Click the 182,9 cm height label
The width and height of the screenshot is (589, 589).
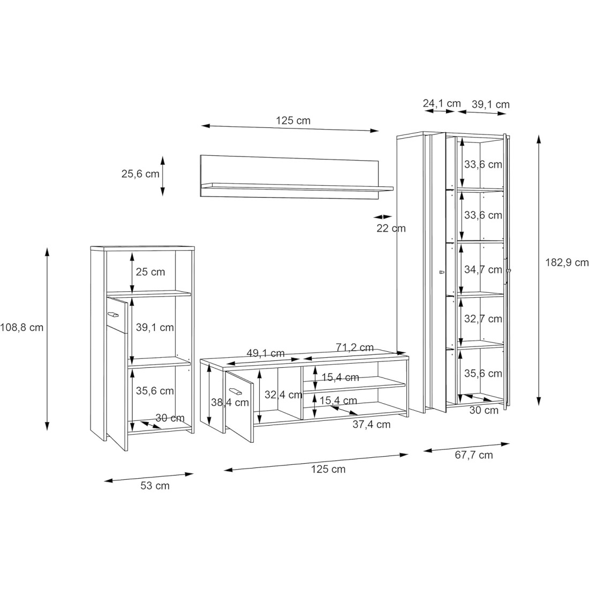coord(567,262)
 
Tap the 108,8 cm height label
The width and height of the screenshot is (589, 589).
coord(22,328)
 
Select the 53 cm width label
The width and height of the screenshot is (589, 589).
coord(155,486)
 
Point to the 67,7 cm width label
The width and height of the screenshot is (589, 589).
coord(474,455)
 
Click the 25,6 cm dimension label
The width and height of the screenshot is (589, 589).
coord(140,174)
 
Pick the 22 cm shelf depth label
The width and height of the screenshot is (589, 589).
coord(391,229)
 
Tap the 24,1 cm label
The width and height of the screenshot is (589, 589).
coord(442,103)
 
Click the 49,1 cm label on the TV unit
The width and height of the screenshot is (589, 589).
coord(266,353)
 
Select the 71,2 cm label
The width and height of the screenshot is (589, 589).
coord(354,348)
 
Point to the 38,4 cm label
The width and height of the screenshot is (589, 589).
coord(230,403)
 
